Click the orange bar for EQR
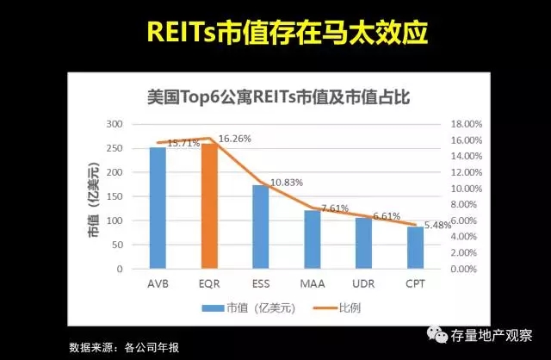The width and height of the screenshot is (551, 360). [x=208, y=206]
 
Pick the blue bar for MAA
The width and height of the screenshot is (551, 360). [x=312, y=239]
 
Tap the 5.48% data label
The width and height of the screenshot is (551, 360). [x=436, y=225]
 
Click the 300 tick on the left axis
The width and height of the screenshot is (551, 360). [x=114, y=124]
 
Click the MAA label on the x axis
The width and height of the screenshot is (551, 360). [x=312, y=282]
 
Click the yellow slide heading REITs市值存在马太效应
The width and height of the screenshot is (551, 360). [x=275, y=34]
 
